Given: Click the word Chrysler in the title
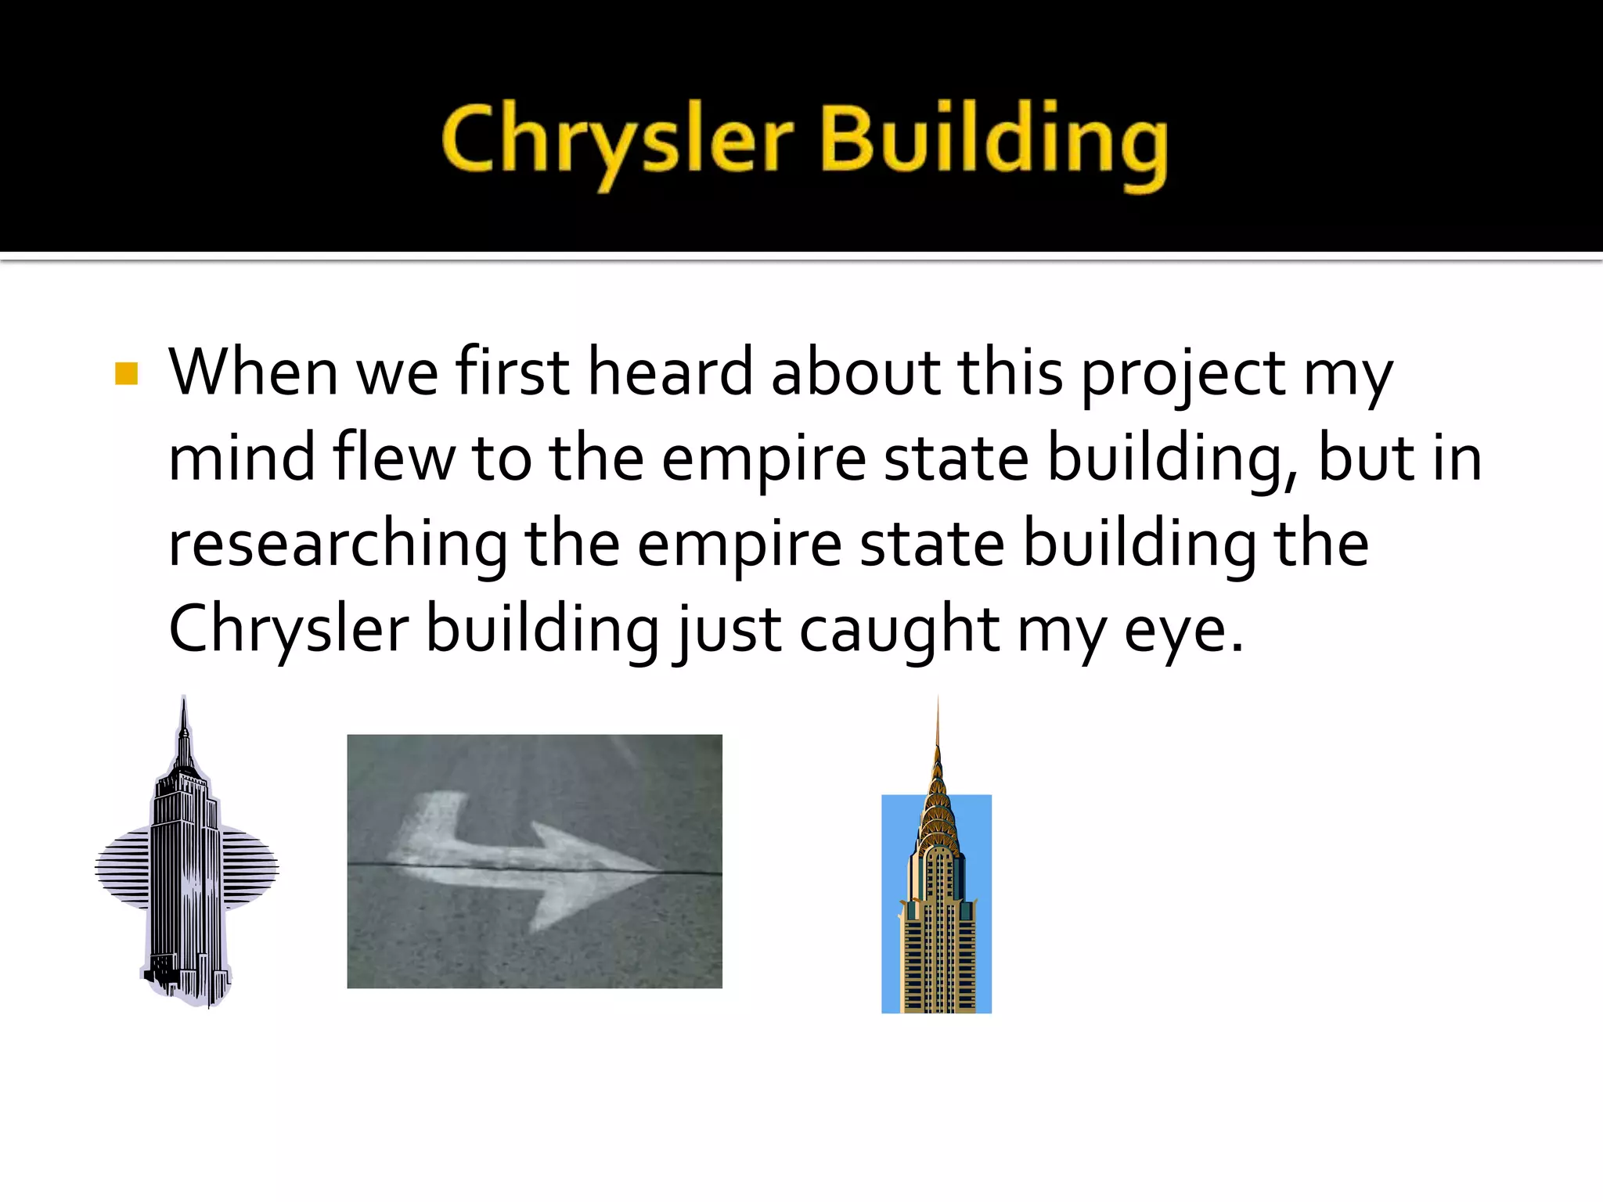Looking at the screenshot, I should (618, 141).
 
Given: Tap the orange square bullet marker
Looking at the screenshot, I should (126, 373).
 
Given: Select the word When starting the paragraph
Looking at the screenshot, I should (253, 372).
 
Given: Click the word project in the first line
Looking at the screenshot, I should (1182, 374).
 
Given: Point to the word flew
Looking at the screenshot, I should (394, 459).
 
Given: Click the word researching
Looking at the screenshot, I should (337, 545).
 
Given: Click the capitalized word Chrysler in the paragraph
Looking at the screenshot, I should (288, 631).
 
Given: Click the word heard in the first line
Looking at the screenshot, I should (670, 372).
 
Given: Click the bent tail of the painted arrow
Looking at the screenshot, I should (430, 822).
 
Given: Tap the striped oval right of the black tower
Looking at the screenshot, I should (249, 869).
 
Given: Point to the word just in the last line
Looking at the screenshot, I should (727, 631).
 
